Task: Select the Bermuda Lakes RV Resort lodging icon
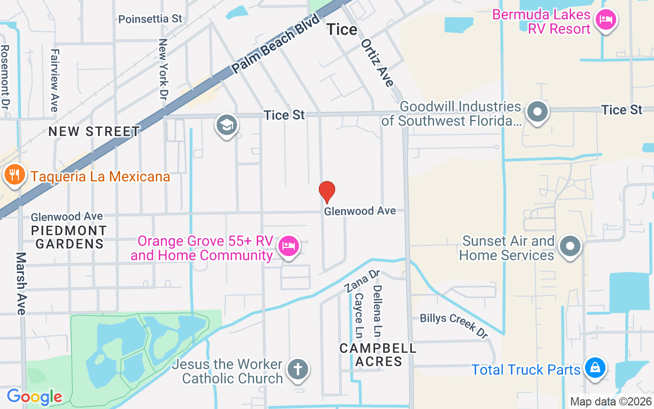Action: [606, 20]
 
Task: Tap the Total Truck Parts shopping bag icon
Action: [595, 368]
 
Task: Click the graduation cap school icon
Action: [227, 124]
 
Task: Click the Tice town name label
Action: [342, 30]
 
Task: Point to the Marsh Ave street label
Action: [20, 283]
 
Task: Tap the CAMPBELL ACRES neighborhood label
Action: [378, 355]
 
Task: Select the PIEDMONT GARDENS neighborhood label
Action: [69, 237]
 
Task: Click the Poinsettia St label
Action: [150, 19]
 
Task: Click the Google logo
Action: [34, 396]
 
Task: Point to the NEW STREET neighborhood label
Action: [94, 131]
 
